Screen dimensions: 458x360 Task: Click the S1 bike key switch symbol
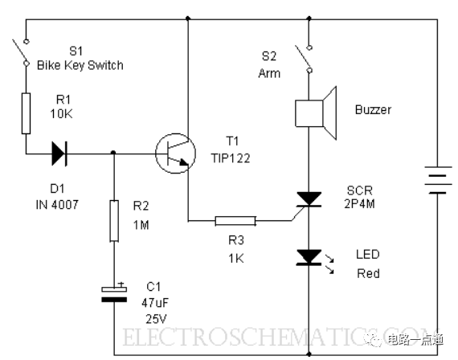(21, 52)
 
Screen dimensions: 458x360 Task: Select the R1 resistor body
(26, 113)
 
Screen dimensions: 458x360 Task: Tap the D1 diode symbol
(59, 153)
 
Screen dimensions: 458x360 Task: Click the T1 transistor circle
(175, 153)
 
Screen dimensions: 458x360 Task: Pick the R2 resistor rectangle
(114, 221)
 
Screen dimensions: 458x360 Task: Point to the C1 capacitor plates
(114, 294)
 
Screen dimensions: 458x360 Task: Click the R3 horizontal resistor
(235, 221)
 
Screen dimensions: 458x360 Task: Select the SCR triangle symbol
(309, 199)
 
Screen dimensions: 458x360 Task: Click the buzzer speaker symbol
(316, 113)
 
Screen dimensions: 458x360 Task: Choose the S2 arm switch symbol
(305, 59)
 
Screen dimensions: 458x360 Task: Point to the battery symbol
(438, 180)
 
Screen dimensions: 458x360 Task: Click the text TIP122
(231, 158)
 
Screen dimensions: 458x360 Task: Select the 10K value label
(61, 113)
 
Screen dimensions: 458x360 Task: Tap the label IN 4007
(57, 205)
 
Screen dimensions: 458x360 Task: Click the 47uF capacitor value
(155, 303)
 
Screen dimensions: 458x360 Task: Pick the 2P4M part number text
(359, 203)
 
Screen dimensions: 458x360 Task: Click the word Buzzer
(373, 110)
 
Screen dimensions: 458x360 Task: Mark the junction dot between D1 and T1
(113, 153)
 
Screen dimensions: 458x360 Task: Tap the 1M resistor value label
(141, 225)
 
